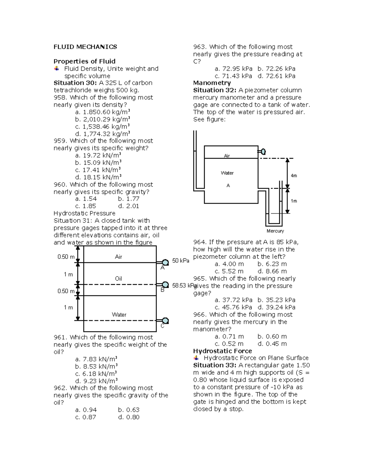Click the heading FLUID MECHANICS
point(85,47)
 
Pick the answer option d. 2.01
point(128,206)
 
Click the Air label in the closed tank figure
point(118,257)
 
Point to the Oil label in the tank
point(118,279)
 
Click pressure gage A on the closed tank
point(165,262)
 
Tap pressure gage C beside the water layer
point(165,321)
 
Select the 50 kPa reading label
point(181,261)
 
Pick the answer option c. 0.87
point(85,417)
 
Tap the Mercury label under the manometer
point(275,231)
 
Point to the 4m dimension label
point(294,176)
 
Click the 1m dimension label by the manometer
point(294,201)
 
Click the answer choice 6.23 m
point(272,264)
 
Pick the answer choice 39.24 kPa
point(276,307)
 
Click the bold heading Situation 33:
point(215,365)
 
